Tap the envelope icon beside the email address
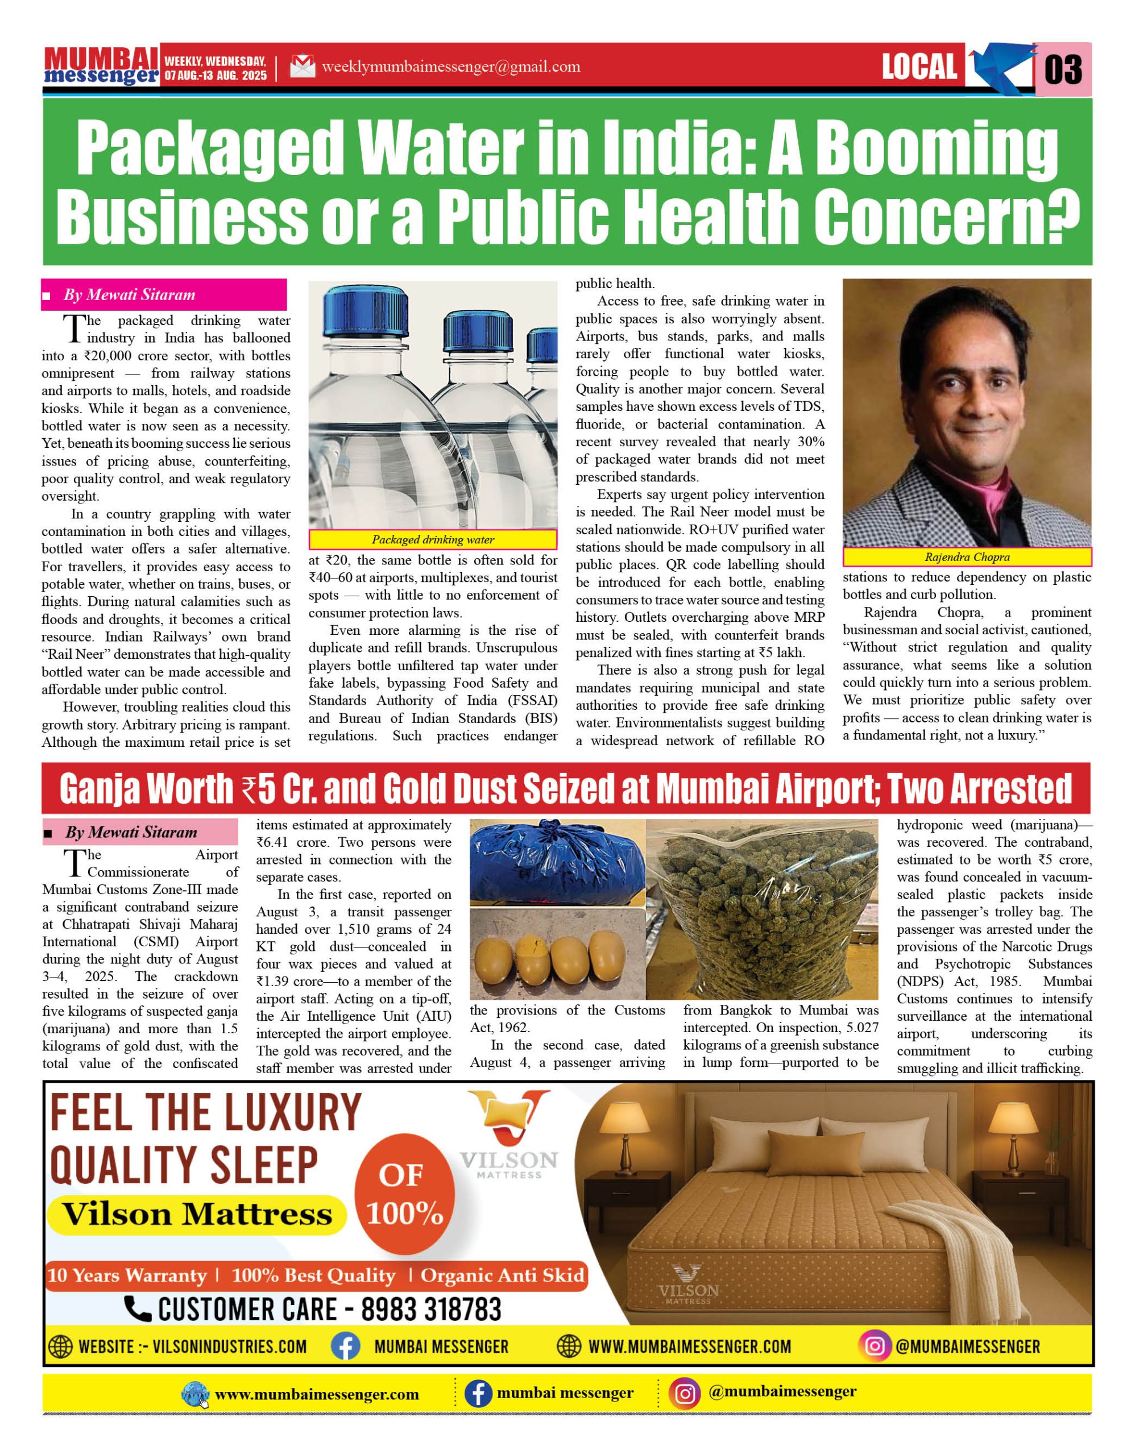click(x=303, y=66)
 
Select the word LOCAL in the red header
click(x=919, y=66)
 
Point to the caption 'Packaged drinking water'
click(x=433, y=539)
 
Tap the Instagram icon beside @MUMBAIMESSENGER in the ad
click(x=874, y=1346)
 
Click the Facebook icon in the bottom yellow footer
click(x=477, y=1394)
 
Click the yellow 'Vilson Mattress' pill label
click(x=197, y=1214)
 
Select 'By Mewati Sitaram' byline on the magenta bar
click(x=129, y=295)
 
